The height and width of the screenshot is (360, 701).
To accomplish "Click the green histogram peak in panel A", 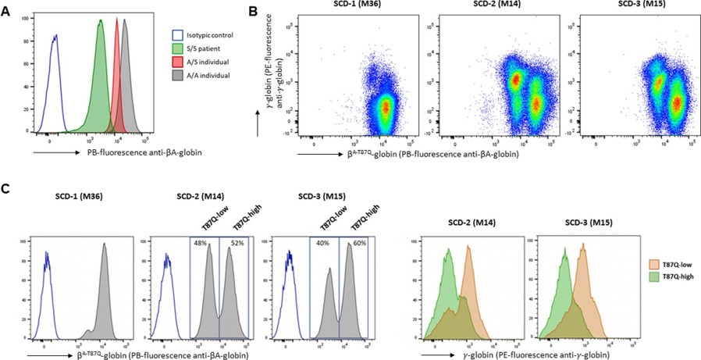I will tap(101, 23).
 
